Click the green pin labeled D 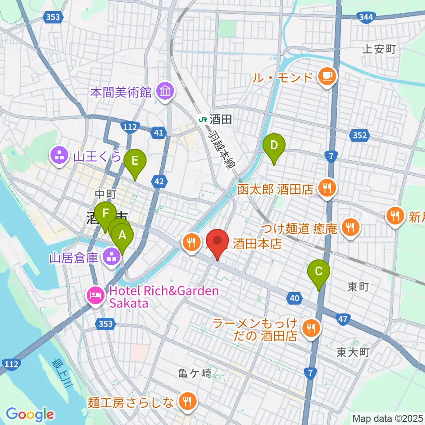274,146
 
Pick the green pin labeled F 105,214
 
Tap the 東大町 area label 352,352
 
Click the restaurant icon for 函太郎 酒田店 327,189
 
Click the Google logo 30,414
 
